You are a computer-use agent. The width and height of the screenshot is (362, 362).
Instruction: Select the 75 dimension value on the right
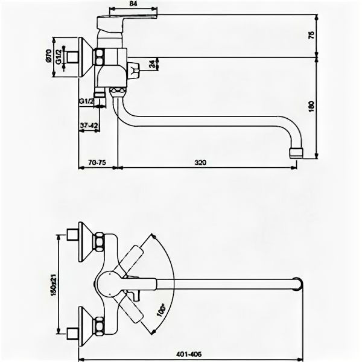(x=312, y=34)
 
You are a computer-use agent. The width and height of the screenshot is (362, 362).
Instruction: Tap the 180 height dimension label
(x=312, y=107)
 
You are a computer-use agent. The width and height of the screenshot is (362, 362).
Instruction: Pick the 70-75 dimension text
(x=97, y=162)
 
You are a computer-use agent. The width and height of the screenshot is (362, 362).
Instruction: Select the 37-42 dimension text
(x=88, y=125)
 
